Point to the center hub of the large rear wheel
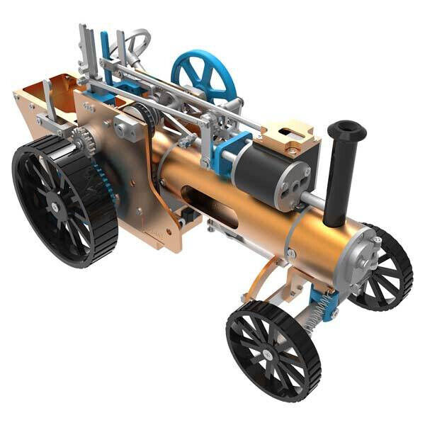point(55,207)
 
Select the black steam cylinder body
point(266,170)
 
